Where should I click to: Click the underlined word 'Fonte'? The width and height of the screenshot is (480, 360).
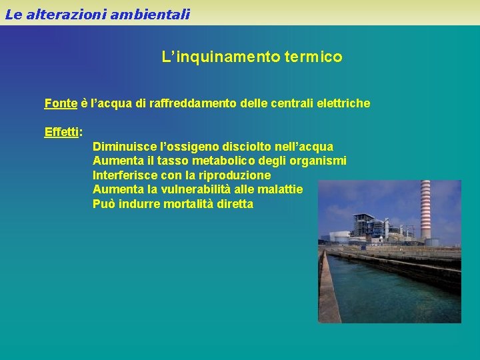tap(61, 103)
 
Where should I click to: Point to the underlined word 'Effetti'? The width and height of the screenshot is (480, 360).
tap(61, 131)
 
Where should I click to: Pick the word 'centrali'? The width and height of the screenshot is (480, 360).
tap(291, 103)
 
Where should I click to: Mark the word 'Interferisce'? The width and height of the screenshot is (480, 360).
tap(125, 175)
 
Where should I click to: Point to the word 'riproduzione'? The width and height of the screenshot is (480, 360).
tap(237, 175)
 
